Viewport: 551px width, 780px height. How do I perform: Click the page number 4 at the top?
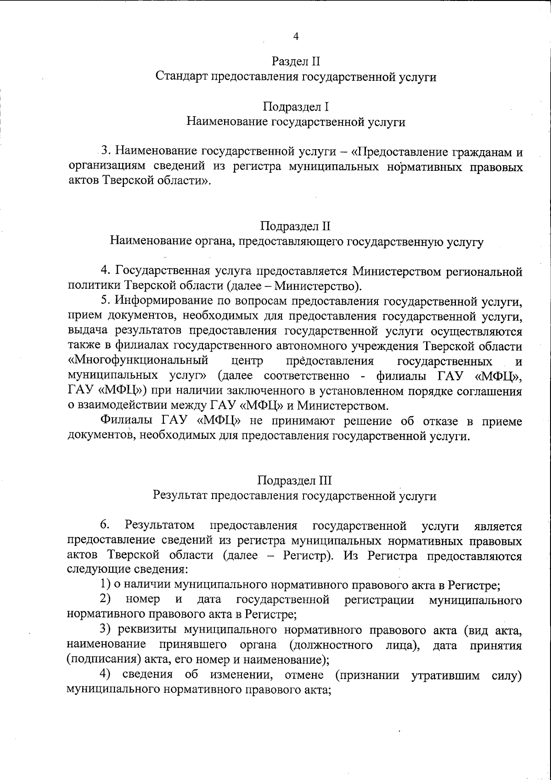(x=296, y=37)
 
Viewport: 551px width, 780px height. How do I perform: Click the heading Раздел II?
(x=295, y=62)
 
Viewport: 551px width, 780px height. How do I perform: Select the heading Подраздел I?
(x=295, y=107)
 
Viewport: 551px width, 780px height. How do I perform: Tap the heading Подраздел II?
(x=295, y=226)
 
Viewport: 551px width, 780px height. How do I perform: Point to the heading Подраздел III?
(x=295, y=481)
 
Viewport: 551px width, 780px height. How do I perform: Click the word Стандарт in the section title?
(x=181, y=77)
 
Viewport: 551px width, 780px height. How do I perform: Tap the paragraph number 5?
(x=105, y=301)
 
